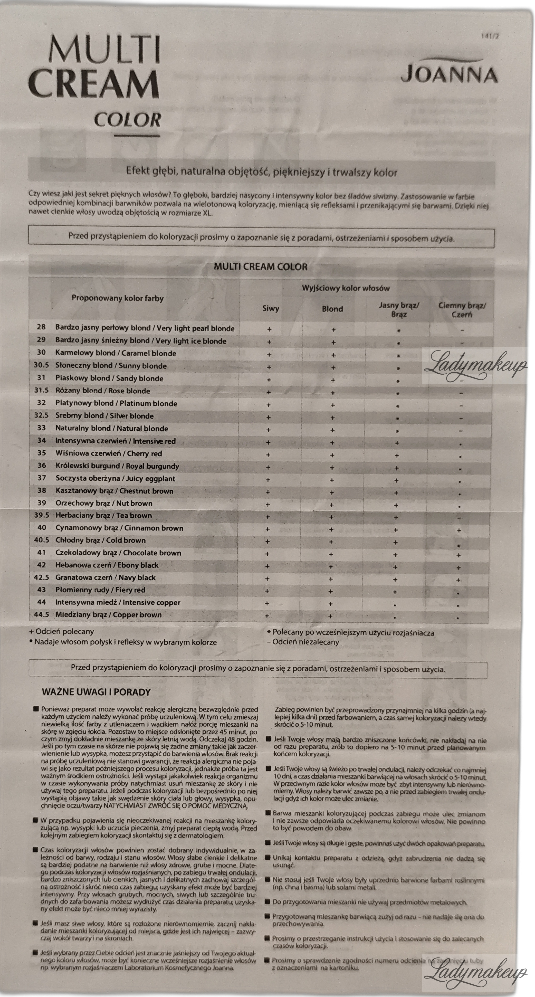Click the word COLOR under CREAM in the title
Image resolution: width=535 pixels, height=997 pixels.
[127, 120]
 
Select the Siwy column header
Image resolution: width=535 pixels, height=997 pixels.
[270, 308]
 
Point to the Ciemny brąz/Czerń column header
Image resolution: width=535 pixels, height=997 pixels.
[462, 310]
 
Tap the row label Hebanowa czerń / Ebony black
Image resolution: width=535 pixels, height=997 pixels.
[107, 565]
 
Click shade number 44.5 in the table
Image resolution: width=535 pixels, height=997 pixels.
[41, 615]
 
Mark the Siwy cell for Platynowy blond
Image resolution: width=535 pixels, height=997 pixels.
[269, 405]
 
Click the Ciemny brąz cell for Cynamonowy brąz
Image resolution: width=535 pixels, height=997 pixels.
[459, 530]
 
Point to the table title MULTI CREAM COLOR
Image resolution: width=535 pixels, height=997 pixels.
[261, 267]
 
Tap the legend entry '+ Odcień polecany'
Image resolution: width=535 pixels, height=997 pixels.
[62, 632]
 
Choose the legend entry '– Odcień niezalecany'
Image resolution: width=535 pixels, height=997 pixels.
[303, 642]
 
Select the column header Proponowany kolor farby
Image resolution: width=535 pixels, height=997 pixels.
[117, 298]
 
